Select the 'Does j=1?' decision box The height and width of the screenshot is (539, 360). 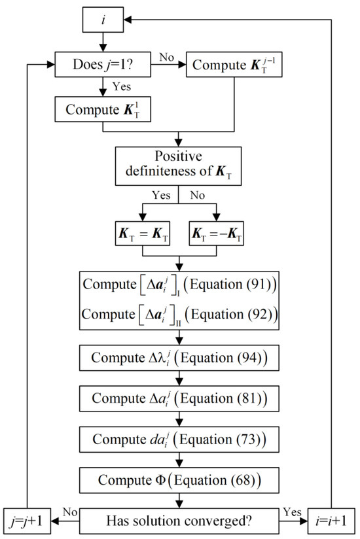[102, 63]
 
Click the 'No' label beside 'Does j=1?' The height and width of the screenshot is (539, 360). [167, 57]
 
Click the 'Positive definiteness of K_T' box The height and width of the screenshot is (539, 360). [179, 165]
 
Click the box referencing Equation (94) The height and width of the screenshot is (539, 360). [179, 358]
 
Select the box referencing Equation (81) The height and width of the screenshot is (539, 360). [179, 398]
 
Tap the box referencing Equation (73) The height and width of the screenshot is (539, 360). [179, 438]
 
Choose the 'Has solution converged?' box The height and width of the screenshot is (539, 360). [180, 521]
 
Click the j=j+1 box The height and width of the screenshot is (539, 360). [27, 521]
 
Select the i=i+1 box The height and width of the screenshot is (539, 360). [333, 521]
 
